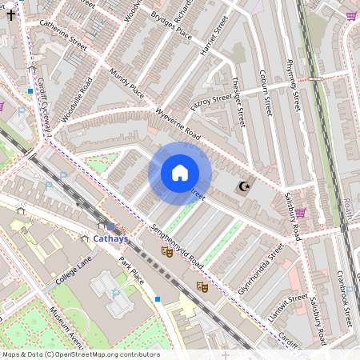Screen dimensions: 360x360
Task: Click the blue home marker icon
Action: point(180,173)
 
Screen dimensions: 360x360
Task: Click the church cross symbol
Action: point(10,14)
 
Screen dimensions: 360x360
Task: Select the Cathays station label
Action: point(110,238)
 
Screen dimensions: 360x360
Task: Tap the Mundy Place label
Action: point(126,82)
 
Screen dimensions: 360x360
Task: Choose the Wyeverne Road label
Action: point(178,120)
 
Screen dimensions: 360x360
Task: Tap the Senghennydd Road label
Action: point(177,246)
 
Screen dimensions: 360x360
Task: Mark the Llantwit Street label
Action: point(288,308)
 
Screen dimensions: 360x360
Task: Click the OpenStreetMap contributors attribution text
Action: point(81,354)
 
